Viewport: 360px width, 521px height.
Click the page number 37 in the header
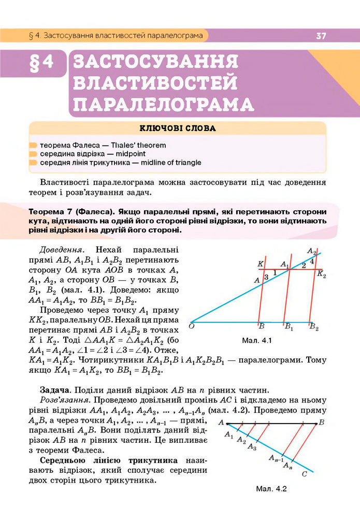(321, 36)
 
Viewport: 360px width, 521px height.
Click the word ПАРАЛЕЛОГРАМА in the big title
(164, 104)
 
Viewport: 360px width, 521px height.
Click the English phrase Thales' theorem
(139, 146)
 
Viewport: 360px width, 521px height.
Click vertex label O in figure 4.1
(192, 326)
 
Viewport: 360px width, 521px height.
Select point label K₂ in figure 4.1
(322, 274)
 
